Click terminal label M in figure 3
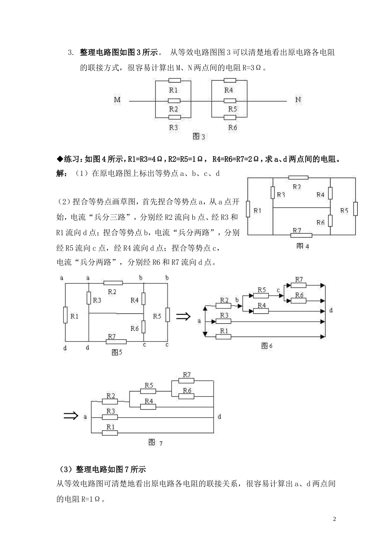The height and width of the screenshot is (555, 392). (117, 100)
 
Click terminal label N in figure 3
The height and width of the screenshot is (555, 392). (298, 100)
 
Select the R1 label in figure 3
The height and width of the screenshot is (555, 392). (173, 90)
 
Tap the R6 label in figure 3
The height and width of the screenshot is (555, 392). (233, 127)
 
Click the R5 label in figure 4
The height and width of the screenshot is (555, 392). (345, 211)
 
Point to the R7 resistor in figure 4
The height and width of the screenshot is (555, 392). (301, 235)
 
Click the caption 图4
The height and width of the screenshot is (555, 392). (302, 246)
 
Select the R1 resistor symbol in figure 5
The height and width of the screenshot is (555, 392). (65, 315)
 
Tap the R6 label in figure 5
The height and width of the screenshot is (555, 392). (135, 328)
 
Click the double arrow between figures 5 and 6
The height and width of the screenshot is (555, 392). (183, 316)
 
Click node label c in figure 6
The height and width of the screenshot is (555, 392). (279, 290)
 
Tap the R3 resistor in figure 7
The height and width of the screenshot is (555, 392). (111, 417)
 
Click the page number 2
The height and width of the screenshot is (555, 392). (335, 519)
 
